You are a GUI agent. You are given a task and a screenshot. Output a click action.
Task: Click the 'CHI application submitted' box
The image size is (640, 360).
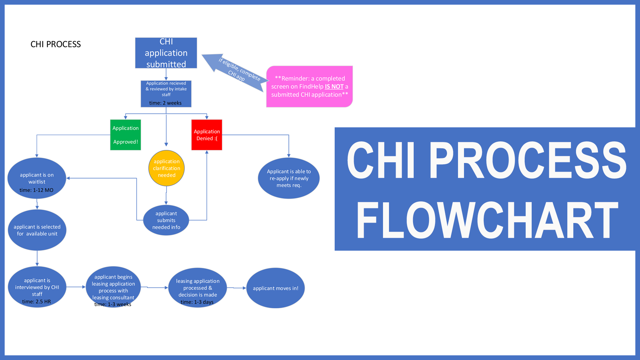tap(166, 53)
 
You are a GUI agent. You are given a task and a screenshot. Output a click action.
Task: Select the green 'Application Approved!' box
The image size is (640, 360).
tap(126, 135)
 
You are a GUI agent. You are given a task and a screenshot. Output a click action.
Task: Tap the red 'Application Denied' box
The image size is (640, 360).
tap(207, 135)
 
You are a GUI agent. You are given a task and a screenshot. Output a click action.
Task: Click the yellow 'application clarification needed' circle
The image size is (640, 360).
tap(166, 168)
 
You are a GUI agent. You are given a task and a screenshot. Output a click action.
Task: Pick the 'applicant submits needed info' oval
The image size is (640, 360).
tap(166, 220)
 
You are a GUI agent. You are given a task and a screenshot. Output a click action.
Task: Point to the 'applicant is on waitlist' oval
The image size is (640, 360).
tap(37, 178)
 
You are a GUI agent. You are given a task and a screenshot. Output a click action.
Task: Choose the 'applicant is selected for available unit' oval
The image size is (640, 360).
tap(37, 230)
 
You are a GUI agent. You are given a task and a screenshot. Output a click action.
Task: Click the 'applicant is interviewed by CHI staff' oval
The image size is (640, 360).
tap(37, 287)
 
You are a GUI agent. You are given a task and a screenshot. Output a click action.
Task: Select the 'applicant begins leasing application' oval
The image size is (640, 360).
tap(113, 287)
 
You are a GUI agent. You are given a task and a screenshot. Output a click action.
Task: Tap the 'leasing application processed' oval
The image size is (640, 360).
tap(198, 288)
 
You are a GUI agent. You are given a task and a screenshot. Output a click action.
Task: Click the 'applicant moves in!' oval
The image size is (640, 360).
tap(275, 288)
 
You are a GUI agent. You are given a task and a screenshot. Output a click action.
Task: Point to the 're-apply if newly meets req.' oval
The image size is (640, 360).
tap(289, 178)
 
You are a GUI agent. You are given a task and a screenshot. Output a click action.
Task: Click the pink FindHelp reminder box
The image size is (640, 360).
tap(309, 87)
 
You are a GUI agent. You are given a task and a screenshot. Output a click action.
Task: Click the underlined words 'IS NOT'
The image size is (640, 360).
tap(334, 87)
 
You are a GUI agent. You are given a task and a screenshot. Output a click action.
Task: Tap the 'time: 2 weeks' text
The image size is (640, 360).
tap(165, 103)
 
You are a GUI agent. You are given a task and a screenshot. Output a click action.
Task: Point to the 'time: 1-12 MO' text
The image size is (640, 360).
tap(36, 190)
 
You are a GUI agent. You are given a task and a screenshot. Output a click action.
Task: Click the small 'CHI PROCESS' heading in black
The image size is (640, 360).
tap(56, 44)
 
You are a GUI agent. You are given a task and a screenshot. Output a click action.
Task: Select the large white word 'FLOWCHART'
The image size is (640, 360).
tap(487, 221)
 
